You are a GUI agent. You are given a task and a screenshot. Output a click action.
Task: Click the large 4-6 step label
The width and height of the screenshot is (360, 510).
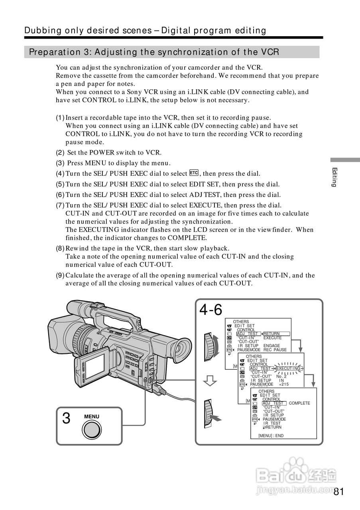point(210,310)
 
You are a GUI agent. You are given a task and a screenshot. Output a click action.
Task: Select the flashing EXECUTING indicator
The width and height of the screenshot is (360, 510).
point(288,369)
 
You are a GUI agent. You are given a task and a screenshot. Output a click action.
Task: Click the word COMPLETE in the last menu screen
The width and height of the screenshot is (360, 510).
point(299,403)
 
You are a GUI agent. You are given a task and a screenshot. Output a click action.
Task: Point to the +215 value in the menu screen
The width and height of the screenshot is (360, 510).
point(283,384)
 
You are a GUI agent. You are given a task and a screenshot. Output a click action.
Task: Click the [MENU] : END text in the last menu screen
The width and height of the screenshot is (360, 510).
point(271,436)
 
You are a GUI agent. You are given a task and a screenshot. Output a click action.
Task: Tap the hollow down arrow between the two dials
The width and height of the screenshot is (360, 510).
point(210,381)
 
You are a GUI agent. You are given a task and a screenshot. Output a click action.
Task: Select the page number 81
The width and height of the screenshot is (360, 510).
point(338,492)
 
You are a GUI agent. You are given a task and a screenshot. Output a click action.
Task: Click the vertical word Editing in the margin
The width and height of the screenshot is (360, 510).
point(334,177)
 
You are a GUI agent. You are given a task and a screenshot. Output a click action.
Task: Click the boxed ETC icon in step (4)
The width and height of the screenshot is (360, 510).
point(194,173)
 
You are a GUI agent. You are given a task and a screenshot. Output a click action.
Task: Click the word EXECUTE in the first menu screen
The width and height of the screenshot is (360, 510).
point(272,338)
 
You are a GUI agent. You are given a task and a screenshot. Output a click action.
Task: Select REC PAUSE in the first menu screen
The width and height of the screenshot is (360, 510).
point(275,350)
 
